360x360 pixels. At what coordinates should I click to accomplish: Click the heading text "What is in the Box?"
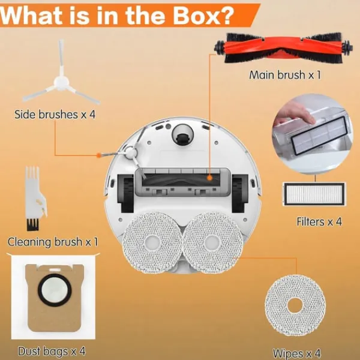(x=117, y=16)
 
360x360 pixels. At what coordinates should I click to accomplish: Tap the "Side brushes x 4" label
(x=55, y=115)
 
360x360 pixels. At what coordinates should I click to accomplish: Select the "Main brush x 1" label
(x=285, y=75)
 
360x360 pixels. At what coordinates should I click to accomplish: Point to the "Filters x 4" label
(x=319, y=221)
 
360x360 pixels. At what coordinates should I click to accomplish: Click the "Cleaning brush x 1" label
(x=53, y=242)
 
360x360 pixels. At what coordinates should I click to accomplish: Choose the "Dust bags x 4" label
(x=52, y=352)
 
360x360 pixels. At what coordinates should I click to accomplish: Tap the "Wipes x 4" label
(x=296, y=353)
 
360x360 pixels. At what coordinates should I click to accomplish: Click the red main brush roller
(x=283, y=48)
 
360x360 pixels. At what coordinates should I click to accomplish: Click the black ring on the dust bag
(x=55, y=290)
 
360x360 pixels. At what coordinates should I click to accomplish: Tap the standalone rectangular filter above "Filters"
(x=314, y=194)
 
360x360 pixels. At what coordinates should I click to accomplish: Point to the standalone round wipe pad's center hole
(x=295, y=305)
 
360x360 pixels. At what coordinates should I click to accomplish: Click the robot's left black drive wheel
(x=125, y=193)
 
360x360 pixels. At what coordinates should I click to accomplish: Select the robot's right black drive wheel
(x=239, y=193)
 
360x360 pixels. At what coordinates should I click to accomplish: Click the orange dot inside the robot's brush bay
(x=209, y=178)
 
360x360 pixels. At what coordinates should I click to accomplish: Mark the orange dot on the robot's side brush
(x=98, y=155)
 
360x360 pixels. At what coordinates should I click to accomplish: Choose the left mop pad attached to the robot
(x=152, y=242)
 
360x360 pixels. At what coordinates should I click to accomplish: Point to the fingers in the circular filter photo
(x=295, y=114)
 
